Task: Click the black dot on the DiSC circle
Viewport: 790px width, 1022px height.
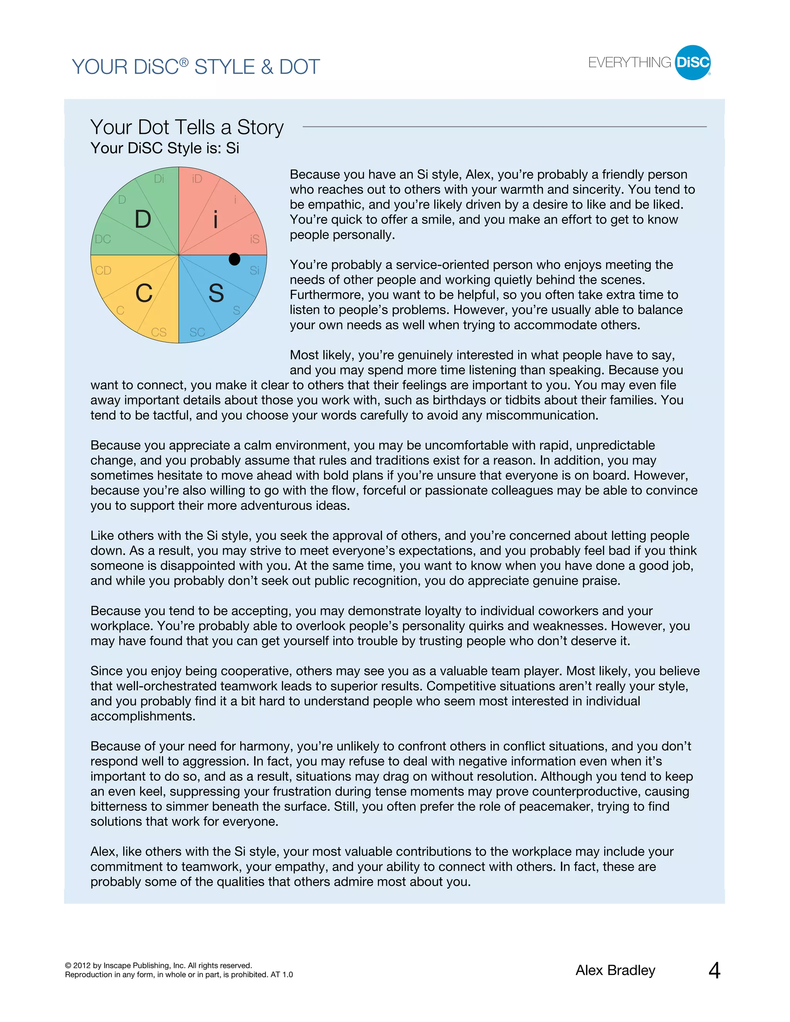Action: (235, 259)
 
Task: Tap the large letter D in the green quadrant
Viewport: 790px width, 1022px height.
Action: (143, 219)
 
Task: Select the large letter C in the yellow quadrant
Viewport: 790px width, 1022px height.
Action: (143, 294)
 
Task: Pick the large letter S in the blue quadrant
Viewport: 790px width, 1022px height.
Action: (216, 293)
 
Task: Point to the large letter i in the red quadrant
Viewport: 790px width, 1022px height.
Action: (215, 219)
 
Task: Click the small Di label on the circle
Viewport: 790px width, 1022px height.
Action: (159, 179)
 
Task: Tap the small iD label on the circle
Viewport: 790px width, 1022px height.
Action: (197, 179)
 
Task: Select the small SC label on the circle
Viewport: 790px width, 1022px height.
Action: (197, 332)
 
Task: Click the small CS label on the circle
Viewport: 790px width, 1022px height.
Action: (159, 332)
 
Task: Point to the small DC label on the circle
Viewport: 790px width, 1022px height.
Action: (103, 239)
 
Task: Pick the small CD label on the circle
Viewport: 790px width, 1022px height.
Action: (103, 270)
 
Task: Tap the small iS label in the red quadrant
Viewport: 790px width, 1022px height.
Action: (254, 239)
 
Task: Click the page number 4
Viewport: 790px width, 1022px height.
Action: (714, 971)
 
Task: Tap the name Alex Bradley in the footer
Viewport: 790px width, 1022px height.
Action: (615, 971)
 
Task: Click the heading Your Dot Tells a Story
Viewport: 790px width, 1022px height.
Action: (187, 127)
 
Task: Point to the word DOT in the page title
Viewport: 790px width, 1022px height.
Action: (299, 67)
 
